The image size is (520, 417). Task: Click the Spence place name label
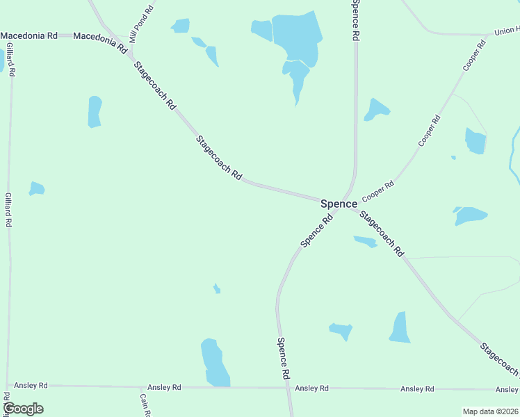(339, 204)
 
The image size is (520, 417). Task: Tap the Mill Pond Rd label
(141, 24)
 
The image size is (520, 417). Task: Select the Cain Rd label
(145, 405)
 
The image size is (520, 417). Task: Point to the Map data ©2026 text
(490, 411)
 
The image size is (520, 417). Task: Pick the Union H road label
(506, 31)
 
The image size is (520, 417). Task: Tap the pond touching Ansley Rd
(216, 363)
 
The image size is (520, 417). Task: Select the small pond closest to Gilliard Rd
(37, 188)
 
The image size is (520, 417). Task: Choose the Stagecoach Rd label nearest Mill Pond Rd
(154, 85)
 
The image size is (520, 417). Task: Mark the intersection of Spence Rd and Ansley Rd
(288, 387)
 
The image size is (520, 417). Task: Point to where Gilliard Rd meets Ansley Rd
(8, 385)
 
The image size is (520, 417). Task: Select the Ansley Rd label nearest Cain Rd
(164, 387)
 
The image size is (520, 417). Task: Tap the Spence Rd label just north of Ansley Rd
(283, 357)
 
